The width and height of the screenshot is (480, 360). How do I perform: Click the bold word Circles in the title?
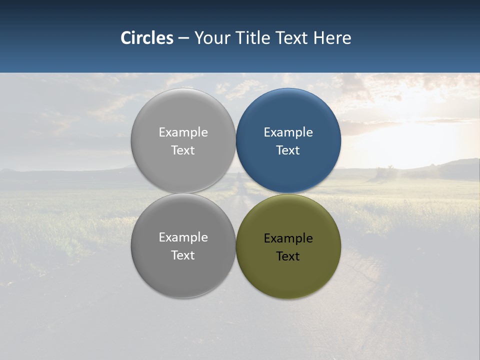146,38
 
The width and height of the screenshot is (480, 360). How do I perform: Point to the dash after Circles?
183,38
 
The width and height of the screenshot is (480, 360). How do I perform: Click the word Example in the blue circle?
288,132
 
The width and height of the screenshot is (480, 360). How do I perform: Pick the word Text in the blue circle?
288,150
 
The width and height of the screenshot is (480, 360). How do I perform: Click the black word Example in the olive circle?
288,238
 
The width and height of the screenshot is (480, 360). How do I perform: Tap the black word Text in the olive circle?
288,256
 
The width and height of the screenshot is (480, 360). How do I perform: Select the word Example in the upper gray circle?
183,132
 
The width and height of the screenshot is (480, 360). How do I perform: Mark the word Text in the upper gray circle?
183,150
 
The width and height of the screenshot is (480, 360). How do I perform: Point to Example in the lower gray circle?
183,237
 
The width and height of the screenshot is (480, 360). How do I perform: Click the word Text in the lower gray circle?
183,255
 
